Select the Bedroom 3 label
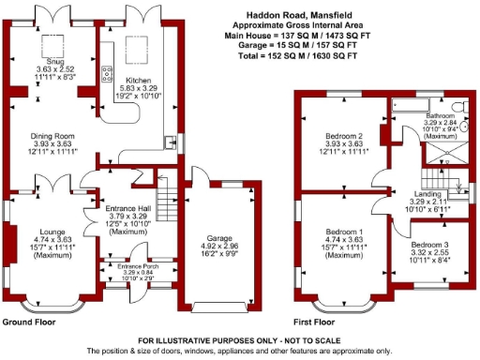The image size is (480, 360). (430, 244)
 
